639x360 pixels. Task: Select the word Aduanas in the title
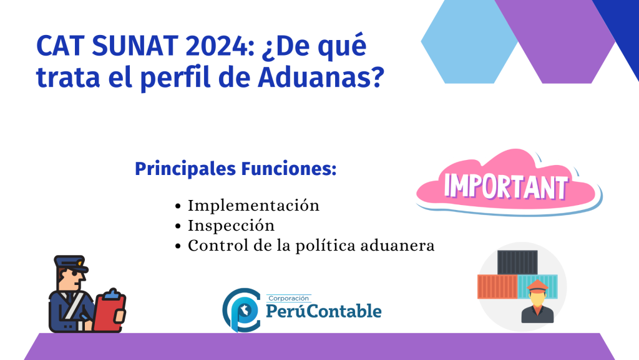pos(321,77)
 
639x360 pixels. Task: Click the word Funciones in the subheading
pos(289,169)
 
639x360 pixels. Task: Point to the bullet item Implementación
pos(253,206)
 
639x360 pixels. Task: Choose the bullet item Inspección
pos(231,226)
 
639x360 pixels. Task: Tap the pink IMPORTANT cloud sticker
pos(509,182)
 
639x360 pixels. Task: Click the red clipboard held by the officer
pos(109,310)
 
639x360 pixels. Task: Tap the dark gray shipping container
pos(517,262)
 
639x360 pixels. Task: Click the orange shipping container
pos(497,286)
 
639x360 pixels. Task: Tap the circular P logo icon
pos(241,310)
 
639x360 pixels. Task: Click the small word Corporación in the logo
pos(288,298)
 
